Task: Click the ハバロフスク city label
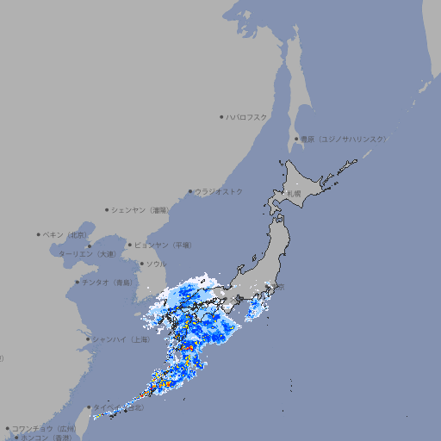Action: (x=248, y=116)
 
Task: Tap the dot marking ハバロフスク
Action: (x=222, y=116)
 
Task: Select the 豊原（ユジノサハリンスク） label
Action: (x=343, y=139)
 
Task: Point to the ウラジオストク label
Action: (x=219, y=191)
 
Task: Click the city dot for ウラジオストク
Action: (x=190, y=191)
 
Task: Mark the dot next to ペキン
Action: (x=39, y=234)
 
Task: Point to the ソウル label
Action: (x=156, y=264)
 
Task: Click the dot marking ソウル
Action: (x=141, y=264)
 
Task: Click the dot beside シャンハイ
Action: (x=88, y=339)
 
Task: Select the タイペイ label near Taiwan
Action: (x=107, y=407)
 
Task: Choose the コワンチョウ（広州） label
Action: (x=44, y=428)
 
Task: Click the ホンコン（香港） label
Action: (x=44, y=438)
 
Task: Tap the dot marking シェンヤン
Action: (x=107, y=209)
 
